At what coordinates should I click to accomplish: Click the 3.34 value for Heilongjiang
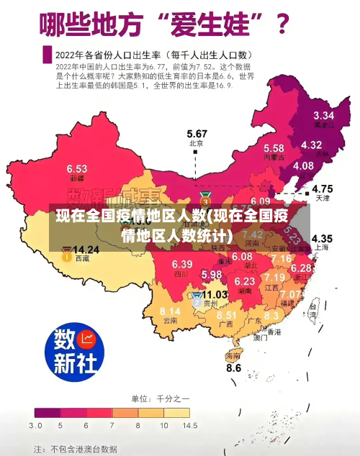pos(323,115)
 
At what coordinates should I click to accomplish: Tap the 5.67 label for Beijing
pos(197,134)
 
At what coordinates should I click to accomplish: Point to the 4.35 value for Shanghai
pos(321,238)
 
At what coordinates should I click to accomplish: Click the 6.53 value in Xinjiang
pos(77,168)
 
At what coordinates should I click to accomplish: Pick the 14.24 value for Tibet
pos(86,250)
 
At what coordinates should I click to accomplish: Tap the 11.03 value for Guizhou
pos(214,295)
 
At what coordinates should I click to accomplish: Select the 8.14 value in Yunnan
pos(170,311)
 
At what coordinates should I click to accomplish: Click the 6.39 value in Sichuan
pos(182,264)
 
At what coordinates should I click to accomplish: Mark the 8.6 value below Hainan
pos(234,368)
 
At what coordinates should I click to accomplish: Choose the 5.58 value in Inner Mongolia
pos(273,147)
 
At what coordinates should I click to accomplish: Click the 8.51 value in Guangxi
pos(227,315)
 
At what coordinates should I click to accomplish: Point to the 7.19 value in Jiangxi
pos(274,277)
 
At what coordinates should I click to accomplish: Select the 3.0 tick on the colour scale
pos(35,426)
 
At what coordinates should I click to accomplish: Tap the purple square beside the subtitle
pos(48,55)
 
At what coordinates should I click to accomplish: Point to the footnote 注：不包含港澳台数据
pos(76,448)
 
